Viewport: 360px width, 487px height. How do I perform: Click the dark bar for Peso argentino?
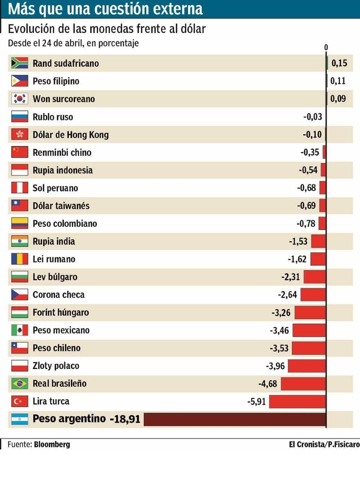tap(234, 419)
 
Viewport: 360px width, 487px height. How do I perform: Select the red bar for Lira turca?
tap(297, 401)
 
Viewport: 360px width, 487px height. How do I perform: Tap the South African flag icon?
tap(20, 63)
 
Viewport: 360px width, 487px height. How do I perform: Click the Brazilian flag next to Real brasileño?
tap(20, 383)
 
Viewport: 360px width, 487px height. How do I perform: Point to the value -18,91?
tap(125, 419)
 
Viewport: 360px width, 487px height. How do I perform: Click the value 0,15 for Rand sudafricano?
tap(339, 63)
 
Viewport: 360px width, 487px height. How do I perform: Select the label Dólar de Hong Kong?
tap(71, 135)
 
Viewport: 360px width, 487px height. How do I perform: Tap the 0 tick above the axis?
tap(326, 47)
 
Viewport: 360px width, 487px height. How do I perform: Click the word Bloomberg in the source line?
tap(52, 444)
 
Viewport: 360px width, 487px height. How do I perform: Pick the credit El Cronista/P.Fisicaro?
tap(324, 444)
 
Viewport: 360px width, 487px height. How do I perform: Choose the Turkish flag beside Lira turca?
tap(20, 401)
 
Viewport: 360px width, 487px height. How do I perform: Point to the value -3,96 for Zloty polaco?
tap(275, 366)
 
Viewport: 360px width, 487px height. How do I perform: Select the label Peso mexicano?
tap(61, 330)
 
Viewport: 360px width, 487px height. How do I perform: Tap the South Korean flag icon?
tap(20, 99)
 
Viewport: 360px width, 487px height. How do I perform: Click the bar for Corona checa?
tap(313, 295)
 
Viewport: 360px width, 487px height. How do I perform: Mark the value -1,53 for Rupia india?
tap(298, 241)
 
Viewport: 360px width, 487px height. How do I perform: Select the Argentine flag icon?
tap(20, 419)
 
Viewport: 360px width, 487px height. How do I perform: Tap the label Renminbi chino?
tap(62, 152)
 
